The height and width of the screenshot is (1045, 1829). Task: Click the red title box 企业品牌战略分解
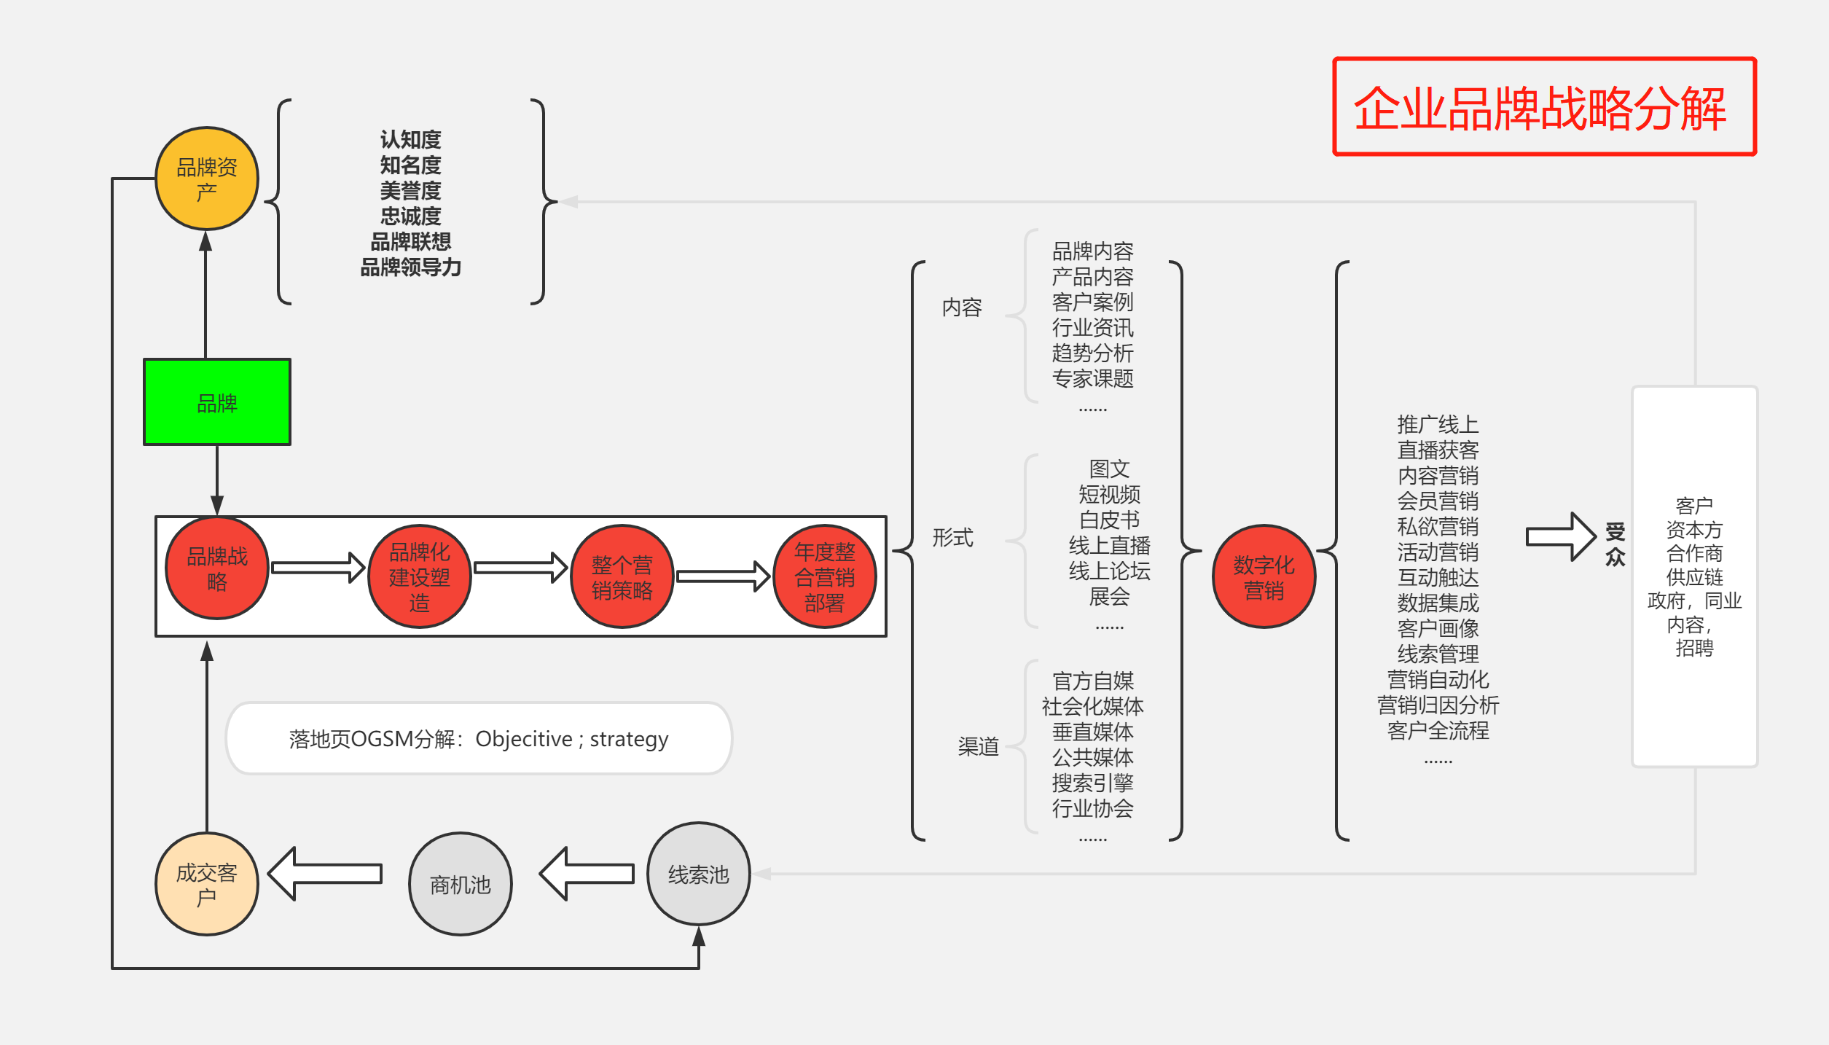[x=1544, y=107]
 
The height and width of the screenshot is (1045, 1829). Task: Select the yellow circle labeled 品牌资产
[x=207, y=179]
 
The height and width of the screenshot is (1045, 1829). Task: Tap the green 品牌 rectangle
[x=217, y=402]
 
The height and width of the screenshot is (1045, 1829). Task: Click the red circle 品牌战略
[x=217, y=568]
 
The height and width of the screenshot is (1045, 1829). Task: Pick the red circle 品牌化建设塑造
[x=419, y=576]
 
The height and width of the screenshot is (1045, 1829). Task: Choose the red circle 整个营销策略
[x=622, y=576]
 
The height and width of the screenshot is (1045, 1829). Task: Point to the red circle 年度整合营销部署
[x=824, y=576]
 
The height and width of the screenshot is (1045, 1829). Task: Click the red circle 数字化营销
[x=1264, y=576]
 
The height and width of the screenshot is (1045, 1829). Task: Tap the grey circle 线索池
[x=698, y=874]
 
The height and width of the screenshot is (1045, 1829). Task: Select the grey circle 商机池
[x=460, y=884]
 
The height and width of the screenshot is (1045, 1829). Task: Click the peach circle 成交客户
[x=207, y=884]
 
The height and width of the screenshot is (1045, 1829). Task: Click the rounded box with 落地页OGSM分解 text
[x=479, y=739]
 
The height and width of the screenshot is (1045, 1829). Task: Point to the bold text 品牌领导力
[x=410, y=267]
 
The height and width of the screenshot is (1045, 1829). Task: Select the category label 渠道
[x=978, y=746]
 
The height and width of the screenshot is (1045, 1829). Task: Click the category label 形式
[x=952, y=538]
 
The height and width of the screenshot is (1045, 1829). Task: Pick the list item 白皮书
[x=1109, y=520]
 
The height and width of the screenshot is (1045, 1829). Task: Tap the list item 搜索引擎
[x=1092, y=783]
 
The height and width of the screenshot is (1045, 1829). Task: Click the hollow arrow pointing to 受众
[x=1560, y=537]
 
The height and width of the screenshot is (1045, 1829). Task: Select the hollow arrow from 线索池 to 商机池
[x=587, y=874]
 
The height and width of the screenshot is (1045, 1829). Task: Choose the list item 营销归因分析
[x=1438, y=705]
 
